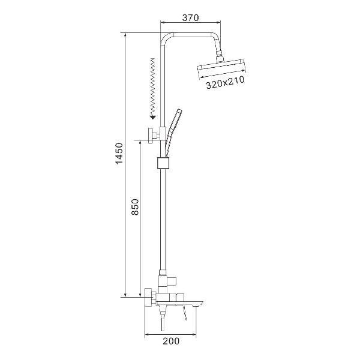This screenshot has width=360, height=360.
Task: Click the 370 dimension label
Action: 190,17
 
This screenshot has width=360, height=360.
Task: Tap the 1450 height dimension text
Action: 119,153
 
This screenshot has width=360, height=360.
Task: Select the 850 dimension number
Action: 135,207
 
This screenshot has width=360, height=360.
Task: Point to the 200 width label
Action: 171,341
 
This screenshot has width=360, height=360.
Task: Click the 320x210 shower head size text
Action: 225,82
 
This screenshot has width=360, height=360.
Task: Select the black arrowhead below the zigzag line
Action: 153,118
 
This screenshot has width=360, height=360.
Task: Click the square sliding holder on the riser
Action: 163,163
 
